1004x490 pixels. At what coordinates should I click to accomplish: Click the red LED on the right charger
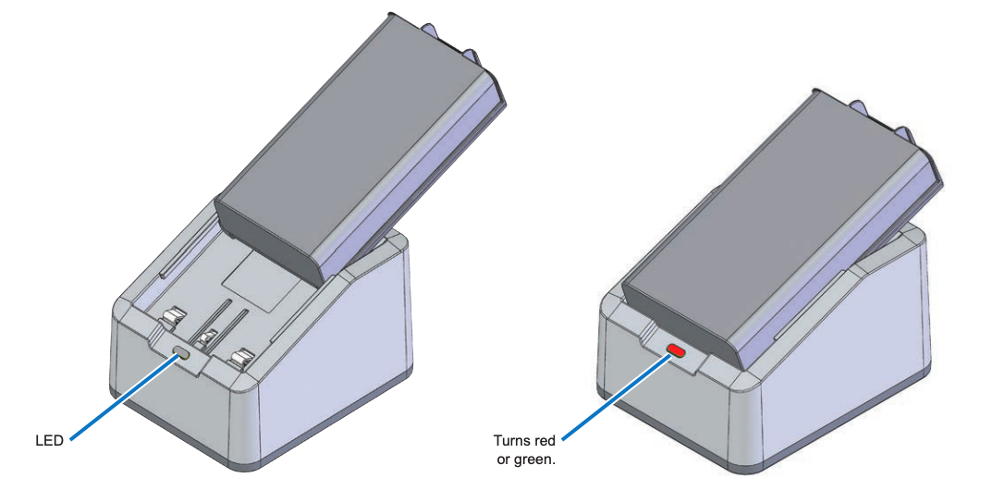[677, 350]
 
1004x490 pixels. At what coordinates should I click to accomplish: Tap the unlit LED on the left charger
[182, 351]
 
